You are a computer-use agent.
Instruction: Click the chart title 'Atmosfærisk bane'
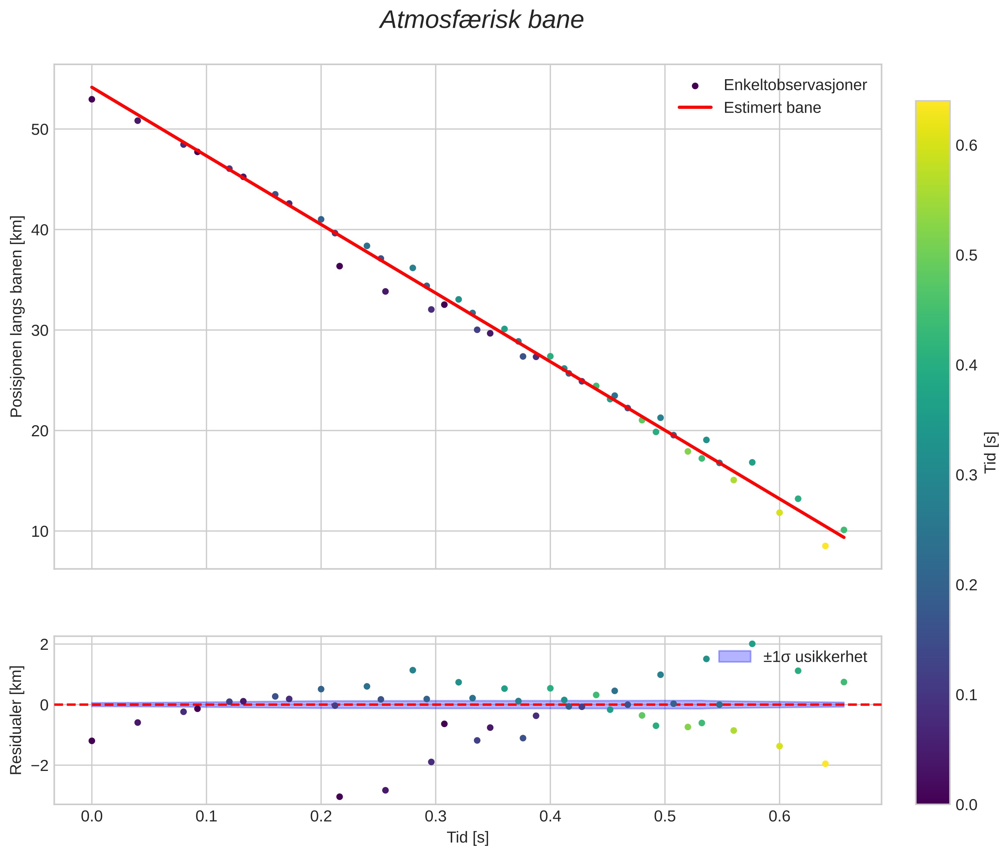(482, 20)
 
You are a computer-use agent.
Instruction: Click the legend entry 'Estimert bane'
(772, 108)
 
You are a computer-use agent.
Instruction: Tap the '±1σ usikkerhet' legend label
(815, 657)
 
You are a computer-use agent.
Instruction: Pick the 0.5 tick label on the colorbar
(966, 255)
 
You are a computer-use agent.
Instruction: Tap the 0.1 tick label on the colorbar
(966, 695)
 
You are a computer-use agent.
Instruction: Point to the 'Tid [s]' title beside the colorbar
(991, 452)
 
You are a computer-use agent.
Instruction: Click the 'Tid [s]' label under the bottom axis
(467, 837)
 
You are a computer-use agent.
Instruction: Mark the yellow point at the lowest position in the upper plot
(825, 546)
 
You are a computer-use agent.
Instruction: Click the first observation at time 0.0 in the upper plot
(92, 99)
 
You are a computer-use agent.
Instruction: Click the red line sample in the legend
(695, 108)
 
